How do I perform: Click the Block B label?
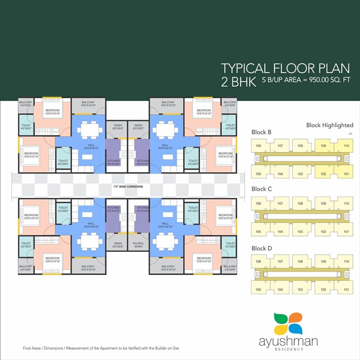pyautogui.click(x=261, y=132)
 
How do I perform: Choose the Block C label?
pyautogui.click(x=261, y=189)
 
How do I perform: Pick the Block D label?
pyautogui.click(x=261, y=248)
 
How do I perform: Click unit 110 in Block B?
pyautogui.click(x=346, y=145)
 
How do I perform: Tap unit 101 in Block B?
pyautogui.click(x=346, y=174)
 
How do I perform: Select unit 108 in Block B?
pyautogui.click(x=300, y=145)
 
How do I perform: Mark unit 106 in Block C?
pyautogui.click(x=258, y=203)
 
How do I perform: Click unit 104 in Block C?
pyautogui.click(x=279, y=232)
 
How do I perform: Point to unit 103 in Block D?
pyautogui.click(x=300, y=290)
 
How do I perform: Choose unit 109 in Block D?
pyautogui.click(x=324, y=261)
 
